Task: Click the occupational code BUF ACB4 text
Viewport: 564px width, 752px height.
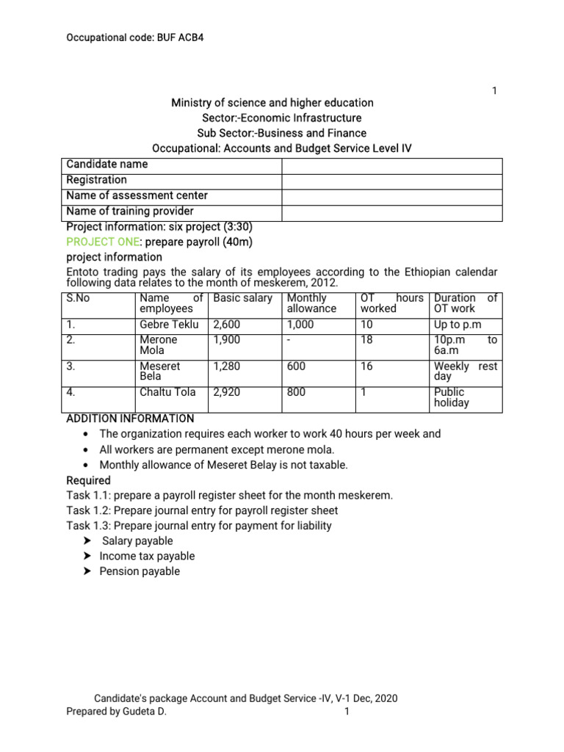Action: (135, 36)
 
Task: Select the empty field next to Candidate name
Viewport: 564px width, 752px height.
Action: (391, 165)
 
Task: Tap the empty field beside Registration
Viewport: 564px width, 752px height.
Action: (391, 181)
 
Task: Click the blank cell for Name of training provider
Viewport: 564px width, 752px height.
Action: (391, 212)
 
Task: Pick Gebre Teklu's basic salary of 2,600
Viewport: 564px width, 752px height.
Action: (227, 325)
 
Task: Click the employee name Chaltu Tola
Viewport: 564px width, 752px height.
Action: (167, 392)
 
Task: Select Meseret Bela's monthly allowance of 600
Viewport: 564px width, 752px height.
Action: (297, 366)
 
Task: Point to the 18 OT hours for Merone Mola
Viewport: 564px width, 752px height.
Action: (366, 340)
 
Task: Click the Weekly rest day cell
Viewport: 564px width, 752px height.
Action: (466, 371)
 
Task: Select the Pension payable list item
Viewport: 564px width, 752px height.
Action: (140, 571)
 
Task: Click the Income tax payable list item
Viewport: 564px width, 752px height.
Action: (147, 556)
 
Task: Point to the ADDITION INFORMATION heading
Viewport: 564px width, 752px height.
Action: (130, 419)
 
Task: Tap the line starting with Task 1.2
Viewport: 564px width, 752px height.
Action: (202, 510)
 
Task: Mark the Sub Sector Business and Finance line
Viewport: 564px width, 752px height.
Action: (282, 133)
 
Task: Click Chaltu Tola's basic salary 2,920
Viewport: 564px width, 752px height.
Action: (227, 392)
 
